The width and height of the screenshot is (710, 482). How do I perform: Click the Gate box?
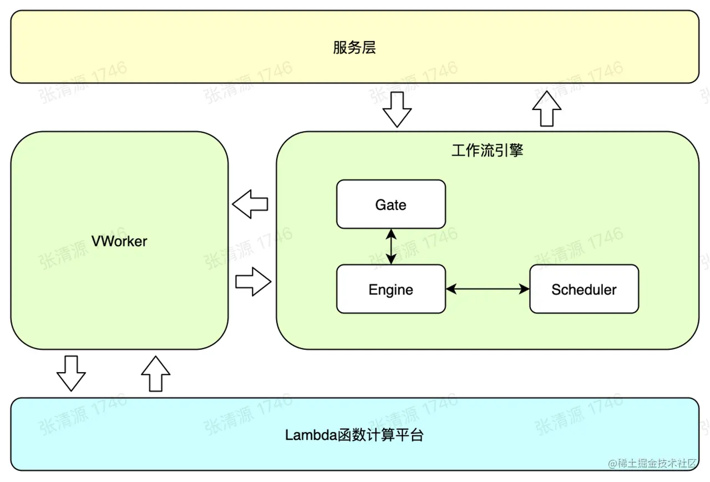tap(391, 204)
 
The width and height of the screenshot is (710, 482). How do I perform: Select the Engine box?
tap(391, 289)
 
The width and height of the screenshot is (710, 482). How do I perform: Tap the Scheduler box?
tap(584, 289)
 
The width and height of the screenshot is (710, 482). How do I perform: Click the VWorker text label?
tap(119, 241)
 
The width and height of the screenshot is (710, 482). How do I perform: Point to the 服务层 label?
tap(354, 48)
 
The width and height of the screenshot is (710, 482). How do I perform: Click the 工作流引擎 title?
tap(487, 150)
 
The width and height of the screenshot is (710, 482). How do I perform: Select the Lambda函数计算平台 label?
tap(354, 435)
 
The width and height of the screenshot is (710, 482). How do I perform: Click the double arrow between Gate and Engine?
tap(391, 247)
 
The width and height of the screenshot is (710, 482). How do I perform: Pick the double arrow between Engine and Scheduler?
tap(488, 289)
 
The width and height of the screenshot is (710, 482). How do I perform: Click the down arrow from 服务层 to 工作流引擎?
tap(397, 110)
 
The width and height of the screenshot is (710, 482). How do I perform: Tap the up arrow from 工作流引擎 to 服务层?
tap(547, 108)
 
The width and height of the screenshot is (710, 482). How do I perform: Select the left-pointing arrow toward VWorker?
tap(250, 204)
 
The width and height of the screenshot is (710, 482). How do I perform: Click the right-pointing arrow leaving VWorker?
tap(253, 282)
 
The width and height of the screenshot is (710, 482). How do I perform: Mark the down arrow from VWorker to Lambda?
tap(71, 374)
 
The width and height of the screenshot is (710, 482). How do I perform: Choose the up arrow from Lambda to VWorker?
tap(156, 374)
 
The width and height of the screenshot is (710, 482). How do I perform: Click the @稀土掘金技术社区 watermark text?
tap(652, 464)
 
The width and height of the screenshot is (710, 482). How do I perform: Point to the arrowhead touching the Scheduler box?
tap(524, 289)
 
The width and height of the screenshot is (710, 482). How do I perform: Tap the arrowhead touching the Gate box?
tap(391, 234)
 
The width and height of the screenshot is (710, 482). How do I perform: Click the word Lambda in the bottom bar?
tap(311, 435)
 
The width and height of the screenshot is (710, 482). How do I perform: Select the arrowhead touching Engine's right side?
tap(452, 289)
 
